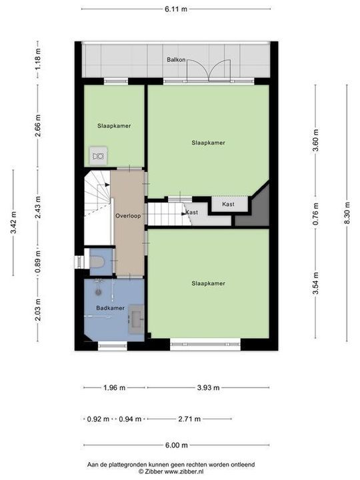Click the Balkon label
(x=176, y=60)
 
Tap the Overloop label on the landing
(x=127, y=217)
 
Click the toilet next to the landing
(x=97, y=261)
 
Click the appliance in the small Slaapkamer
(x=99, y=156)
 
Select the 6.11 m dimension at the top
(x=176, y=9)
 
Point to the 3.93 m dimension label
(x=207, y=387)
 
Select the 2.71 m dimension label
(x=189, y=419)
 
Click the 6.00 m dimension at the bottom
(x=176, y=445)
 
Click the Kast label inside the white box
(x=228, y=204)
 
